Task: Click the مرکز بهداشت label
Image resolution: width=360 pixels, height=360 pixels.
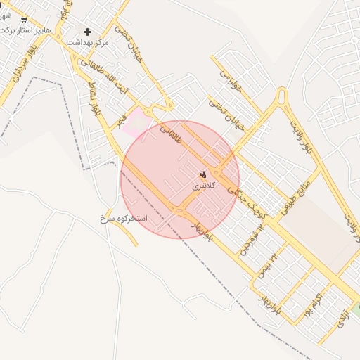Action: click(88, 43)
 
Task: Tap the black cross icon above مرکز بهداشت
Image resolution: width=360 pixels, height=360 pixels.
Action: click(88, 32)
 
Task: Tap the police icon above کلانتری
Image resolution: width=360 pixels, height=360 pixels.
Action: click(204, 174)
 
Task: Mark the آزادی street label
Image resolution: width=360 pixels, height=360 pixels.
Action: click(341, 319)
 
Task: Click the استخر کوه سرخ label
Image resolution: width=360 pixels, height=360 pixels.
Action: click(124, 219)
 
